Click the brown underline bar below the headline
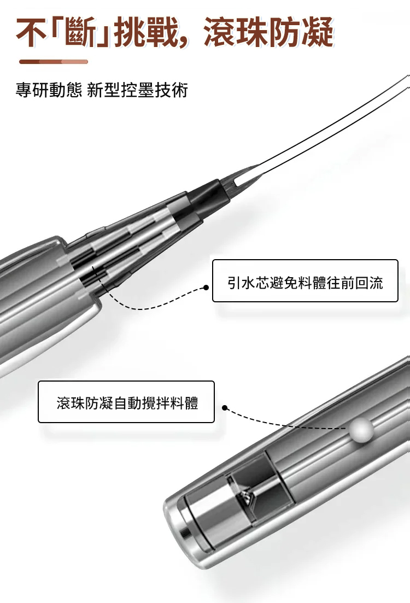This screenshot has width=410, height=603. [x=54, y=62]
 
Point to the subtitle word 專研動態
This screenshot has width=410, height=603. [x=49, y=90]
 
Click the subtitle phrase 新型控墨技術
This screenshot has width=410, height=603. [x=137, y=90]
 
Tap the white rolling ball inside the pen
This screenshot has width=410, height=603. [x=361, y=428]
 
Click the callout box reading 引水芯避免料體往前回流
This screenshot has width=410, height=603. [x=305, y=280]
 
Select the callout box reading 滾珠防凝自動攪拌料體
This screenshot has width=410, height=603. [x=126, y=402]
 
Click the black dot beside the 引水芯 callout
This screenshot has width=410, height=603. [x=206, y=287]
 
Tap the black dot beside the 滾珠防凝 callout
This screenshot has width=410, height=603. [x=225, y=408]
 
